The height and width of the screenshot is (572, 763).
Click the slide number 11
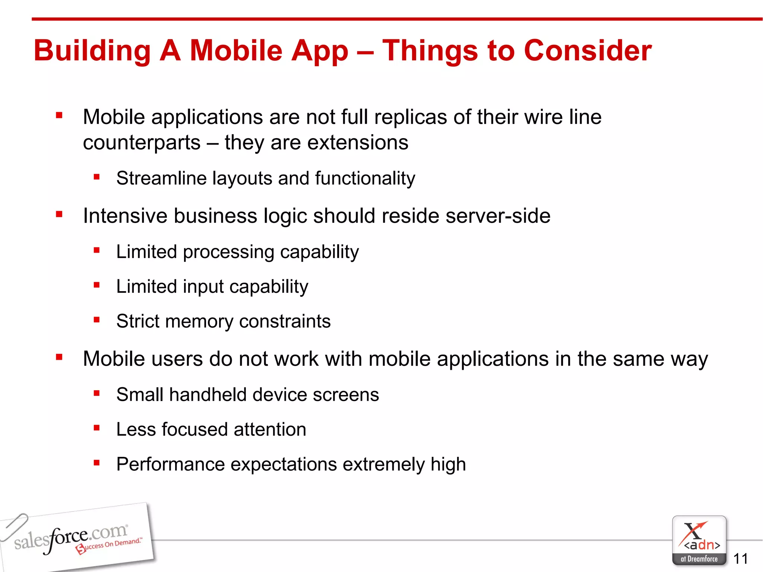(740, 559)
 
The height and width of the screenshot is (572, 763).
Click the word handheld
(208, 395)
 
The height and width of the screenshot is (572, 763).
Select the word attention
(270, 429)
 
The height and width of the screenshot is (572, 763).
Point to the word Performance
(170, 464)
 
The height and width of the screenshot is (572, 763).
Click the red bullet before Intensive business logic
(59, 214)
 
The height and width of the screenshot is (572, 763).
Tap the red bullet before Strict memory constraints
(97, 320)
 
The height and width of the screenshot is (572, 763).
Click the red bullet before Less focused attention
(97, 428)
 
